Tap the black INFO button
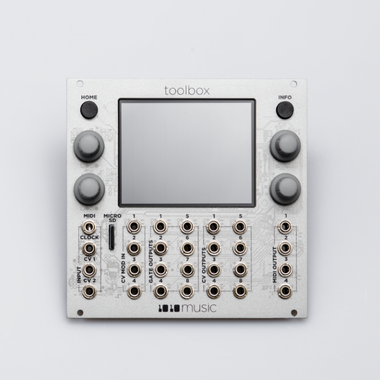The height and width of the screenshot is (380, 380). pos(285,109)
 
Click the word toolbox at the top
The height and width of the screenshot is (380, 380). pos(187,91)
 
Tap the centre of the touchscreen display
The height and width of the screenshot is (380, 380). pos(187,152)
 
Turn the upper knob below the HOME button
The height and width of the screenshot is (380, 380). pos(89,145)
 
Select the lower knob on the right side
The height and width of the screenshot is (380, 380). pos(285,189)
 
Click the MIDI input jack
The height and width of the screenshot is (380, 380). pos(89,227)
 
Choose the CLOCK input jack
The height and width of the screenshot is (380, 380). pos(89,248)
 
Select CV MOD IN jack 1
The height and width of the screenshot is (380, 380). pos(134,227)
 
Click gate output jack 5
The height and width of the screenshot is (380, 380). pos(187,227)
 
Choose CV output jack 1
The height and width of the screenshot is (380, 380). pos(213,227)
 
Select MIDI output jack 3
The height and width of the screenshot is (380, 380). pos(285,270)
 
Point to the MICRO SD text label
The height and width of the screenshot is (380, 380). pos(112,218)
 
